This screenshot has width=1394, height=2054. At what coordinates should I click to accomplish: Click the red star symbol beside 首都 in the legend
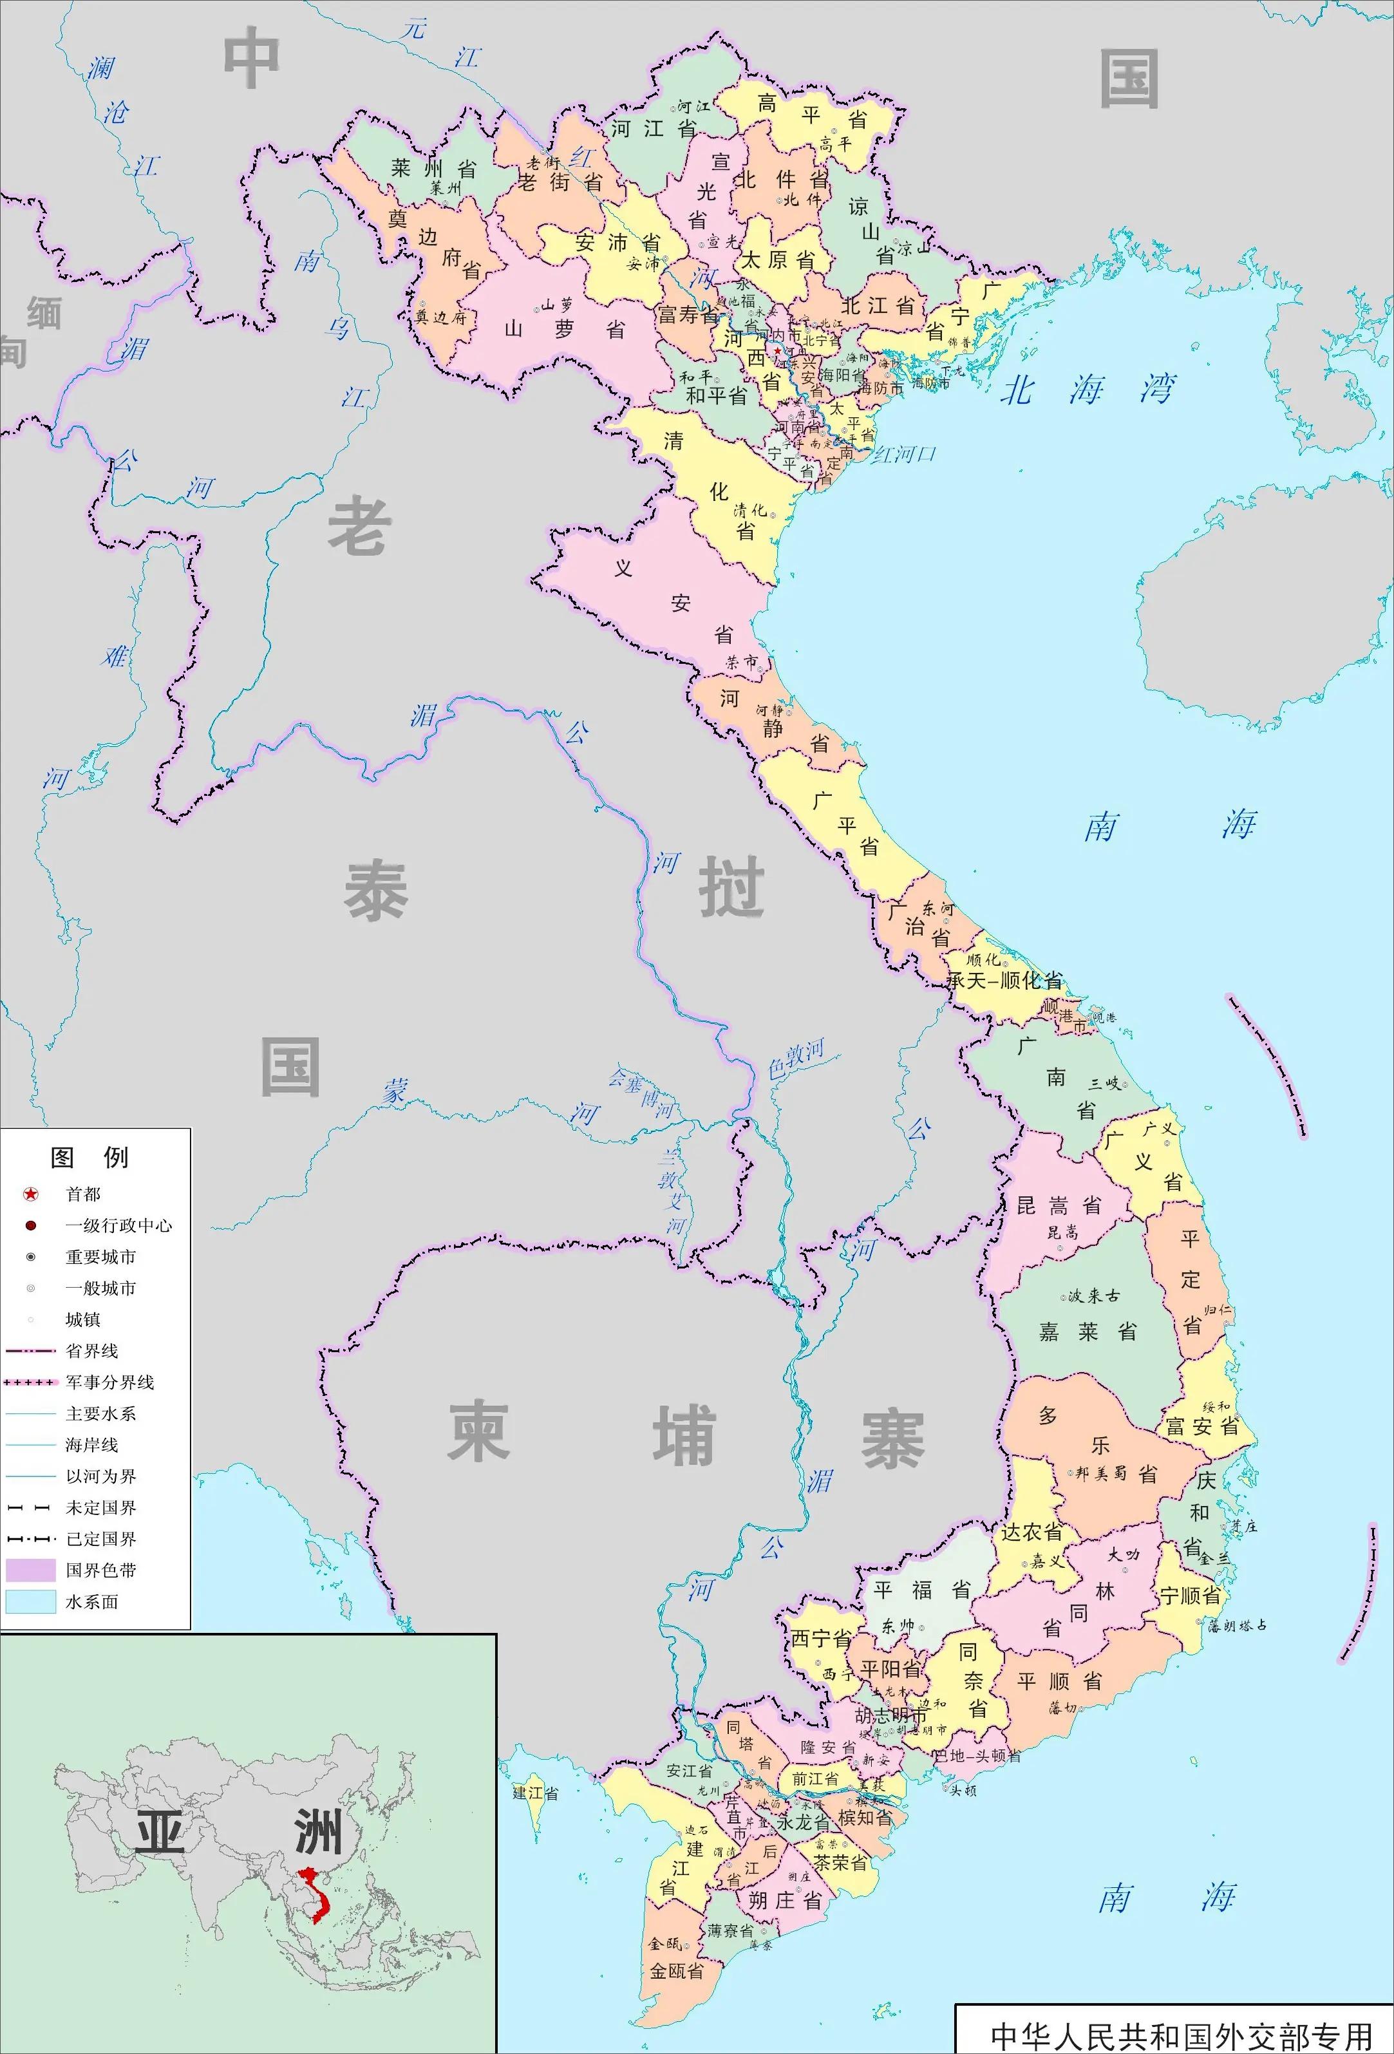[x=30, y=1194]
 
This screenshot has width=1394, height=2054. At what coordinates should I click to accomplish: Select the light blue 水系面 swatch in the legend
[x=30, y=1601]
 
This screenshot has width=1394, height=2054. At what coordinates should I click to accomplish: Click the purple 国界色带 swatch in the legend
[x=30, y=1570]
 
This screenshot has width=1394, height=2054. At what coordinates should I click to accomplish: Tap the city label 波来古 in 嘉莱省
[x=1093, y=1296]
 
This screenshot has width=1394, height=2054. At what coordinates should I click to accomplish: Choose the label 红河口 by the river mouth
[x=903, y=455]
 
